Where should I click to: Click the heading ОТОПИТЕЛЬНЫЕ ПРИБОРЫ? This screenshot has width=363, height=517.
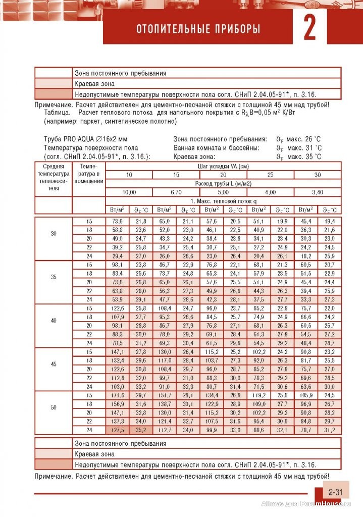198,29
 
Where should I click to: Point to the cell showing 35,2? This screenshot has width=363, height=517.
140,430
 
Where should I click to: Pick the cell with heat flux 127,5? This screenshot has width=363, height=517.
117,430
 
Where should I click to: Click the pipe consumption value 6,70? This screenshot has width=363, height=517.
176,192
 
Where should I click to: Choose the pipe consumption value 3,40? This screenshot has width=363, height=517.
318,192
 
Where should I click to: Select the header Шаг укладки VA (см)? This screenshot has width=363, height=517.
223,166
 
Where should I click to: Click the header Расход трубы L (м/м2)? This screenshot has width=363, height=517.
223,183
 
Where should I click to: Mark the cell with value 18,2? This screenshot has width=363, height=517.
306,256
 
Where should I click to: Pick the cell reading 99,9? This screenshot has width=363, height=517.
211,430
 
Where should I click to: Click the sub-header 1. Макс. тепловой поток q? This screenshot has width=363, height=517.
223,200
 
